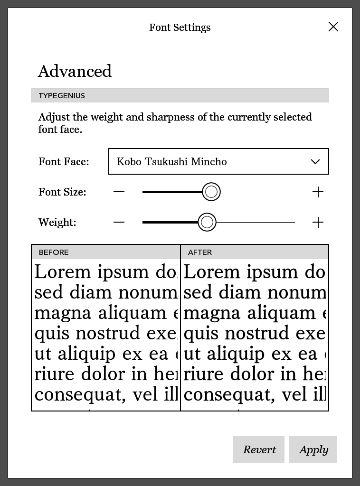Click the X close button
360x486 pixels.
[333, 27]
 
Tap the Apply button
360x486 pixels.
[313, 449]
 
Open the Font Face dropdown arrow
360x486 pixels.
[315, 162]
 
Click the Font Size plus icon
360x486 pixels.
[318, 192]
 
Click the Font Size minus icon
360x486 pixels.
[119, 192]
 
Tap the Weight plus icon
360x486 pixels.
[318, 222]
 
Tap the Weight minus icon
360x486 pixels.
[119, 222]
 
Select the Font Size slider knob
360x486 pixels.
[211, 192]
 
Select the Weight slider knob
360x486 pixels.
[207, 222]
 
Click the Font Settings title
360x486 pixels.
[180, 28]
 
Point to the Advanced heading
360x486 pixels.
[75, 71]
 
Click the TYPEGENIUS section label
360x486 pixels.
[62, 96]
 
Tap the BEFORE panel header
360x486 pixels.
[54, 252]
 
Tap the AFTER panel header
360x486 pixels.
[200, 252]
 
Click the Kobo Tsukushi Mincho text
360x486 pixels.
[171, 162]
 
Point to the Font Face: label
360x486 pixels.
[64, 162]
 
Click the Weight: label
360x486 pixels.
[57, 223]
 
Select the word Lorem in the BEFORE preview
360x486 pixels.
[63, 272]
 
